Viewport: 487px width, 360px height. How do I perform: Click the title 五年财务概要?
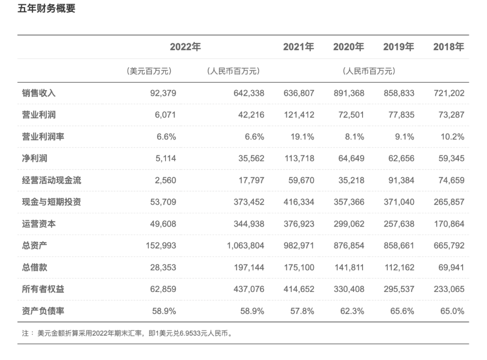click(x=46, y=9)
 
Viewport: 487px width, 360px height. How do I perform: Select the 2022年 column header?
click(x=185, y=47)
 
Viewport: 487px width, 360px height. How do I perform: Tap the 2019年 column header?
click(x=398, y=47)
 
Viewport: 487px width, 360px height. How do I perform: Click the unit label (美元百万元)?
click(x=149, y=71)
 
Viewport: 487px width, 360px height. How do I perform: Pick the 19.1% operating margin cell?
click(x=302, y=137)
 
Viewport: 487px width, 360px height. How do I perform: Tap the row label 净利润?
click(x=35, y=158)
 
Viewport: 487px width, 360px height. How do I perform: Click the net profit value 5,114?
click(x=163, y=158)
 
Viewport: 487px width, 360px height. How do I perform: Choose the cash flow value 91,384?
click(x=399, y=180)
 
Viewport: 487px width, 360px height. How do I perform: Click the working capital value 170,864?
click(x=449, y=223)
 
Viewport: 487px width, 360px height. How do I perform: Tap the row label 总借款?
click(x=35, y=267)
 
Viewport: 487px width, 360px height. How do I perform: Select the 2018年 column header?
click(x=448, y=47)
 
